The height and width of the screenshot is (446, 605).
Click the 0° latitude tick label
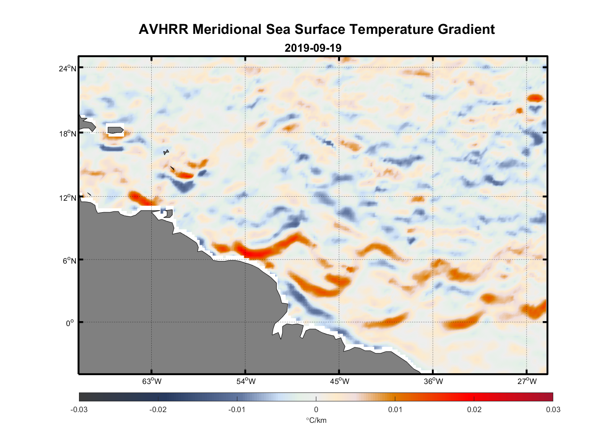pyautogui.click(x=70, y=323)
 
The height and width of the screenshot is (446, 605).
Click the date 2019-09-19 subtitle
pyautogui.click(x=313, y=48)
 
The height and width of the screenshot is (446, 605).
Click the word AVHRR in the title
pyautogui.click(x=164, y=29)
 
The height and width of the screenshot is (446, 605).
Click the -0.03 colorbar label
pyautogui.click(x=79, y=409)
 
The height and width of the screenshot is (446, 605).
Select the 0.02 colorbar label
pyautogui.click(x=474, y=409)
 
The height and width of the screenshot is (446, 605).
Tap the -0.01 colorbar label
pyautogui.click(x=237, y=409)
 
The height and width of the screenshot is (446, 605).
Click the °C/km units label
pyautogui.click(x=316, y=420)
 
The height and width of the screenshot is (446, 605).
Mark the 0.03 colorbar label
pyautogui.click(x=553, y=409)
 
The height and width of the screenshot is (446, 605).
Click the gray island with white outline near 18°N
pyautogui.click(x=115, y=130)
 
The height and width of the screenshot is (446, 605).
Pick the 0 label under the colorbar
pyautogui.click(x=316, y=409)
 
